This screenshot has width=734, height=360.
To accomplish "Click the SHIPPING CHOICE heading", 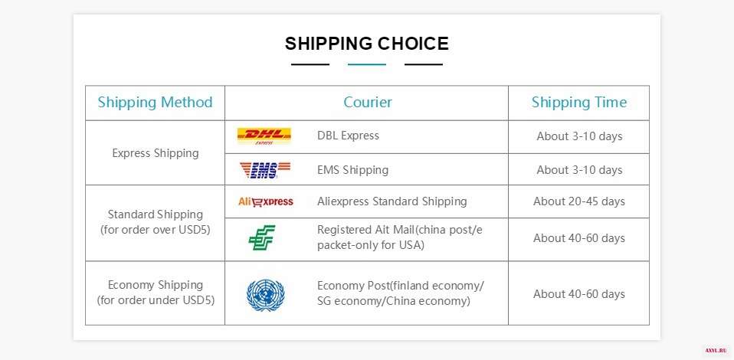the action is (366, 44).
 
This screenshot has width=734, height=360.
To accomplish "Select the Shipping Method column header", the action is (155, 102).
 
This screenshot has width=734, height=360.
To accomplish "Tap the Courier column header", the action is (368, 102).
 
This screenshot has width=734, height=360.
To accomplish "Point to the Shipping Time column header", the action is (579, 102).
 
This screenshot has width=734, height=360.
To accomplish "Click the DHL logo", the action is (264, 136).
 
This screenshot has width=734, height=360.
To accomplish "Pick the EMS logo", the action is (265, 170).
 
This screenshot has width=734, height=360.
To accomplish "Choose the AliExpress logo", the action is (265, 201).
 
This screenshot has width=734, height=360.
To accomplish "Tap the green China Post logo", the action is (262, 237).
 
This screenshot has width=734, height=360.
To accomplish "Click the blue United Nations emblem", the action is (265, 294).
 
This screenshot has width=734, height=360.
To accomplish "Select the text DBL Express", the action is (348, 136).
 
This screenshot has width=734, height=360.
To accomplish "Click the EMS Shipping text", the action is (352, 169).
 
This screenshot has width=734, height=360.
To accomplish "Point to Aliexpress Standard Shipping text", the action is (392, 201).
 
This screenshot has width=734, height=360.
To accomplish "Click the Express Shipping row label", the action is (156, 153).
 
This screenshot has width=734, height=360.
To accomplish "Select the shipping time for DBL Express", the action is (579, 136).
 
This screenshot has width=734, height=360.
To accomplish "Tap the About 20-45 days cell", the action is (579, 201).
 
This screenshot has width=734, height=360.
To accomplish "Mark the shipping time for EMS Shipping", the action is (579, 169).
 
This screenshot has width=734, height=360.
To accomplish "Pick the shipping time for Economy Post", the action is (579, 294).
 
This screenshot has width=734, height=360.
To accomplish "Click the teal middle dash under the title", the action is (367, 64).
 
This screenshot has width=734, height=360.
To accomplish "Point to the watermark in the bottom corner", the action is (716, 350).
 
